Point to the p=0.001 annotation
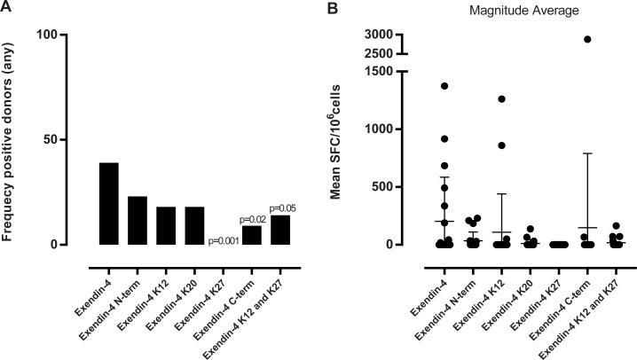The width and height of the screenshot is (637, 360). (222, 239)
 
